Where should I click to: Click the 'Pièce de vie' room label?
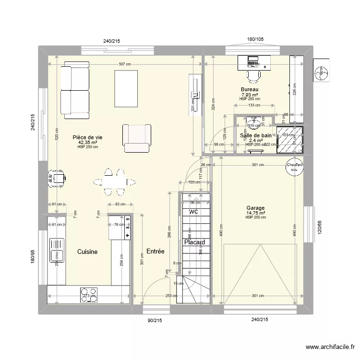coord(87,137)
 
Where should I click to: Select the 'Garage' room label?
coord(255,208)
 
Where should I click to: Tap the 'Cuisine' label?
coord(87,252)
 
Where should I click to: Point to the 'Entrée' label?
coord(156,252)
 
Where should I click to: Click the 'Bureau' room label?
coord(250,90)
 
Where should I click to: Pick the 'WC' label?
coord(193,212)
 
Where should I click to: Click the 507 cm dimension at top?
coord(125,65)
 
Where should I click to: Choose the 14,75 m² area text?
coord(255,213)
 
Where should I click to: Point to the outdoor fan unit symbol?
coord(321,72)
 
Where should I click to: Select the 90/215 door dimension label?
coord(154,319)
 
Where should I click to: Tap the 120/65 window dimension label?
coord(319,227)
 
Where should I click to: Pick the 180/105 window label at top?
coord(255,40)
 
